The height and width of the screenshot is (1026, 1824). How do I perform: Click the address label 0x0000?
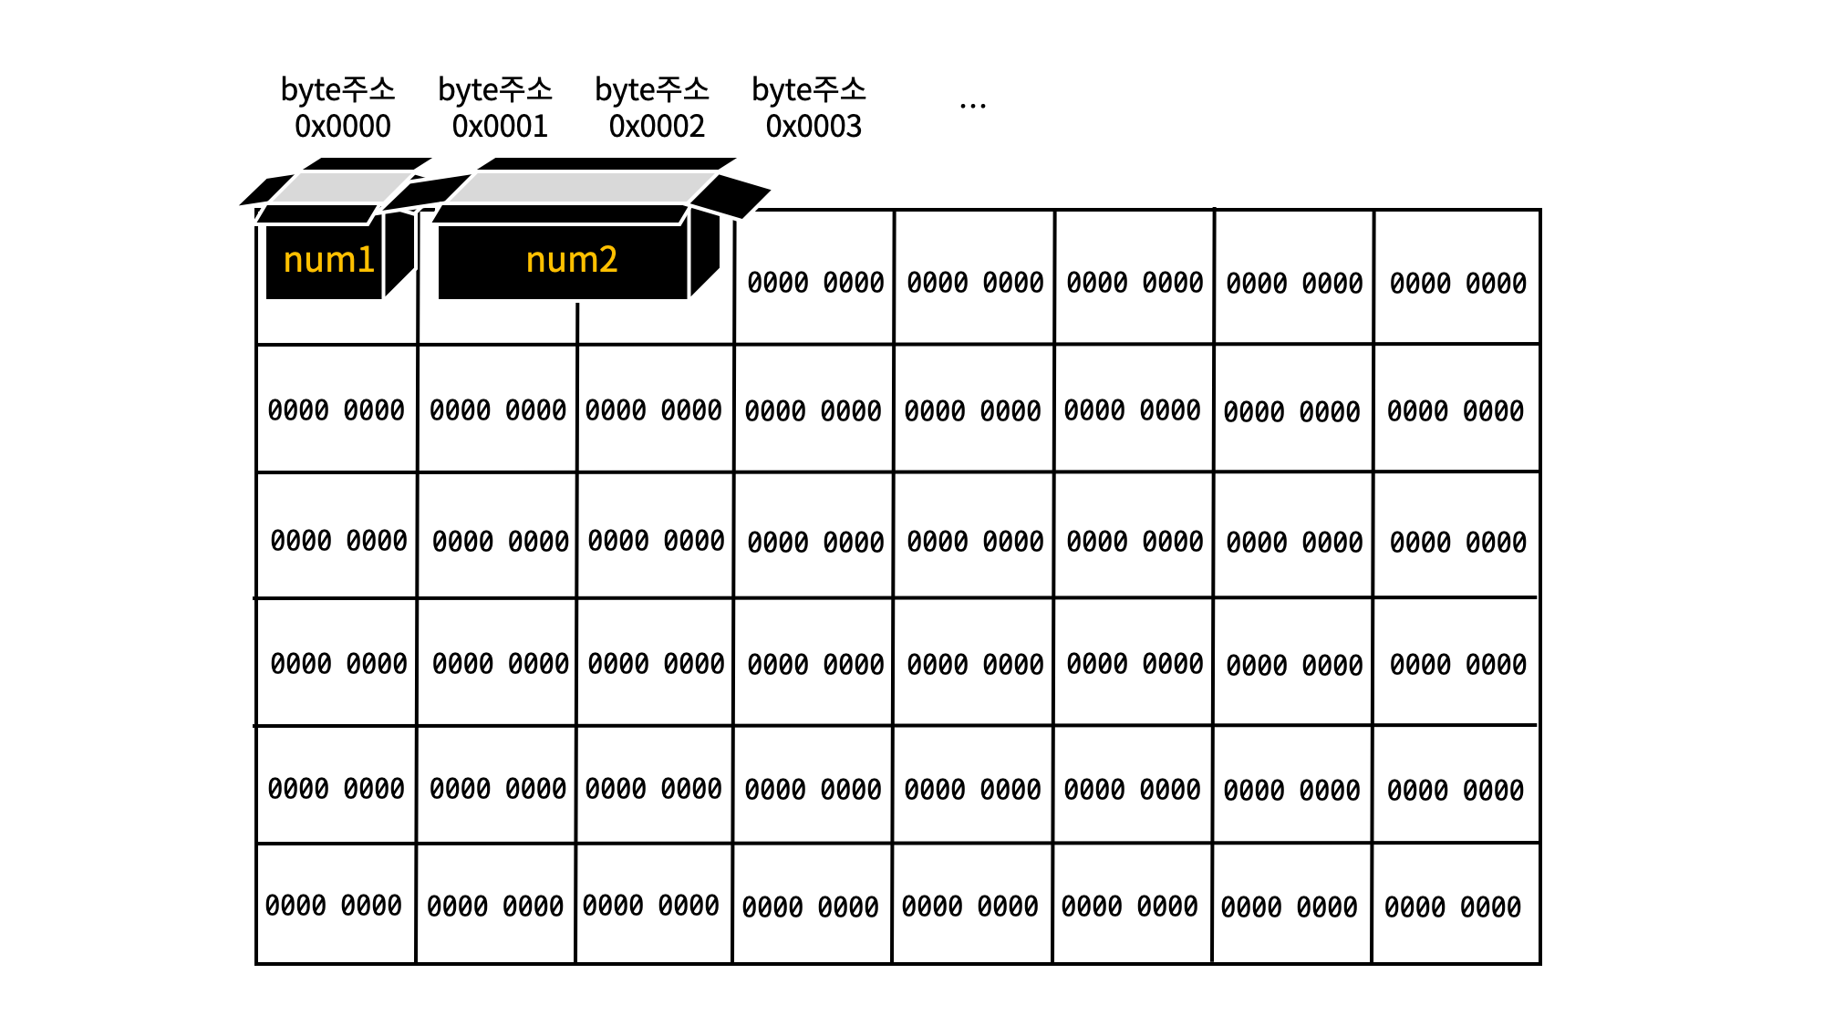[x=342, y=126]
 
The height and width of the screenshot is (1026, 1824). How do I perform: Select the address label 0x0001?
[x=500, y=126]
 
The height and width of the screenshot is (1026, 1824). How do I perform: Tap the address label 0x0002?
[x=657, y=126]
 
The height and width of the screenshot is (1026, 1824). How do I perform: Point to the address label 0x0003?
[x=814, y=126]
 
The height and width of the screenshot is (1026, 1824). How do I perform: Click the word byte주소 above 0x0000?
[x=337, y=89]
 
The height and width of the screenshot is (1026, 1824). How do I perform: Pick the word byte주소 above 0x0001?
[x=495, y=89]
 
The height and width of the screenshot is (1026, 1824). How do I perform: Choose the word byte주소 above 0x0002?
[x=652, y=89]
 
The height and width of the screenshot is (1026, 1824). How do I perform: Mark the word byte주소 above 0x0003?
[x=809, y=89]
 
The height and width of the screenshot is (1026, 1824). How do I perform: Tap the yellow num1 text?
[x=328, y=261]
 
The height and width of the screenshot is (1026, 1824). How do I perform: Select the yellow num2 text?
[x=572, y=261]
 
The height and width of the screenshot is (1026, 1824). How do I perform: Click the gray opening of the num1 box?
[x=341, y=187]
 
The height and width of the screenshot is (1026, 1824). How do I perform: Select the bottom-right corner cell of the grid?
[x=1454, y=906]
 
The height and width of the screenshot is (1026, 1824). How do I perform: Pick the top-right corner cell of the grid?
[x=1457, y=283]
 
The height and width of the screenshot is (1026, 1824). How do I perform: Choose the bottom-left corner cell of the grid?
[x=334, y=906]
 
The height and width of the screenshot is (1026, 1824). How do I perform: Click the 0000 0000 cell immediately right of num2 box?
[x=815, y=283]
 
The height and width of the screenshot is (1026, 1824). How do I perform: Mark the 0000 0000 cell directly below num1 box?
[x=336, y=410]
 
